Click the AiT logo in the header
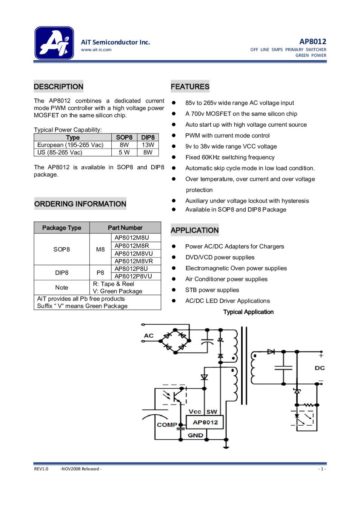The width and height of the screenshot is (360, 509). (x=54, y=43)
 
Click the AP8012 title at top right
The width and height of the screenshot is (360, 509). (x=312, y=41)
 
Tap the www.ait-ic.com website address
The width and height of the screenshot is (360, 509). (x=96, y=50)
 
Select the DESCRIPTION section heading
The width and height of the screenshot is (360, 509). (x=58, y=87)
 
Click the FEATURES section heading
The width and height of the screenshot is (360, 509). (x=190, y=87)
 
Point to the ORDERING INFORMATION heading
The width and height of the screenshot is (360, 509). (x=80, y=204)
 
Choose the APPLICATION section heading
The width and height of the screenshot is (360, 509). (x=194, y=230)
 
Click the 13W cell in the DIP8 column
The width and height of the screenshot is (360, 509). (x=148, y=145)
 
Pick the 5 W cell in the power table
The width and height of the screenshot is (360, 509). (x=124, y=152)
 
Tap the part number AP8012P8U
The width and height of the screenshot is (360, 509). (x=131, y=269)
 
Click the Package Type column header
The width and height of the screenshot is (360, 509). (x=62, y=228)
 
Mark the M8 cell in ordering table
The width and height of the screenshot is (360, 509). (x=100, y=249)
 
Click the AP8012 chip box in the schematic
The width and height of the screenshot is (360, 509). (x=205, y=422)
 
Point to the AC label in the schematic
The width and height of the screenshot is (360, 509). (x=149, y=336)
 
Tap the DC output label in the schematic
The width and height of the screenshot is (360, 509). (x=320, y=368)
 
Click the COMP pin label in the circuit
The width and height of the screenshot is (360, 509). (x=167, y=425)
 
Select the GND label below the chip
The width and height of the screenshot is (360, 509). (x=195, y=435)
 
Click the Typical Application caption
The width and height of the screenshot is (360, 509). (x=248, y=312)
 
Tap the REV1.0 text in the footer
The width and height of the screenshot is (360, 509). (x=41, y=469)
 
